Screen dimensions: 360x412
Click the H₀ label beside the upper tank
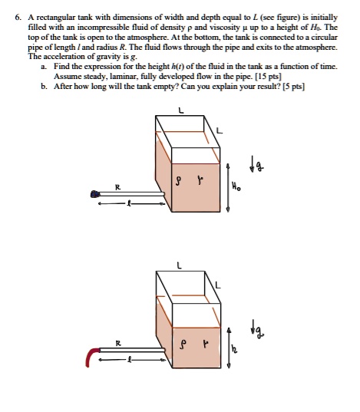(236, 187)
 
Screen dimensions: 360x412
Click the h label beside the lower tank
(234, 349)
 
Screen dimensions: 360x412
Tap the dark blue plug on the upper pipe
(94, 194)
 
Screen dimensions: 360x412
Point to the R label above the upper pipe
(117, 187)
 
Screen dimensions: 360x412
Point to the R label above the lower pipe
(118, 343)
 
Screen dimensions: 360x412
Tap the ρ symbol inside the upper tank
(179, 181)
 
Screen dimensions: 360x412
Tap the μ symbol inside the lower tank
(206, 344)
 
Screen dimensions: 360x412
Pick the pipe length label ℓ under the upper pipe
(129, 203)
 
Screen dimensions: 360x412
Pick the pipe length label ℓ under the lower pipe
(129, 359)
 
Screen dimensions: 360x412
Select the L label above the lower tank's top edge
(179, 265)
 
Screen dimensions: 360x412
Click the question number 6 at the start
(18, 18)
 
